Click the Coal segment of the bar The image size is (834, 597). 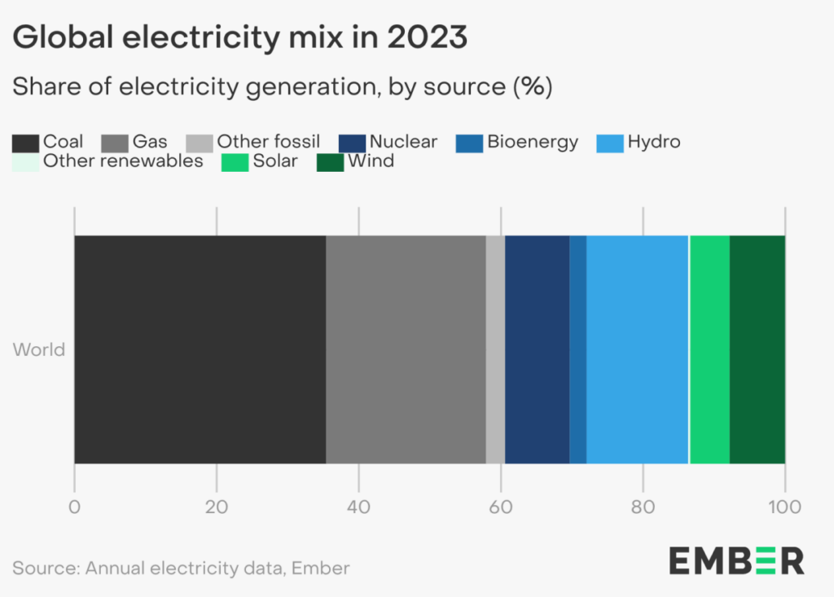200,349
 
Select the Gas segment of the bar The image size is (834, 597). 406,349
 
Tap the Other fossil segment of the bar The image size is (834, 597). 495,349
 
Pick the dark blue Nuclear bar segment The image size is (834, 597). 537,349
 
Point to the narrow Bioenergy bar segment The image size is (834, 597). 577,349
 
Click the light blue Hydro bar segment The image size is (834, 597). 637,349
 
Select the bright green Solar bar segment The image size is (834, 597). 709,349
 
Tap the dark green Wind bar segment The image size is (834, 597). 757,349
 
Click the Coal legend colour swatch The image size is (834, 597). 25,143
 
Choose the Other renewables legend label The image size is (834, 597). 123,161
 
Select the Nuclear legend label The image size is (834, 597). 403,143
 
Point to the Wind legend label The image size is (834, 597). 371,161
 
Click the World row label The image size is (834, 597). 39,351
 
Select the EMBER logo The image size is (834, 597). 737,560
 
